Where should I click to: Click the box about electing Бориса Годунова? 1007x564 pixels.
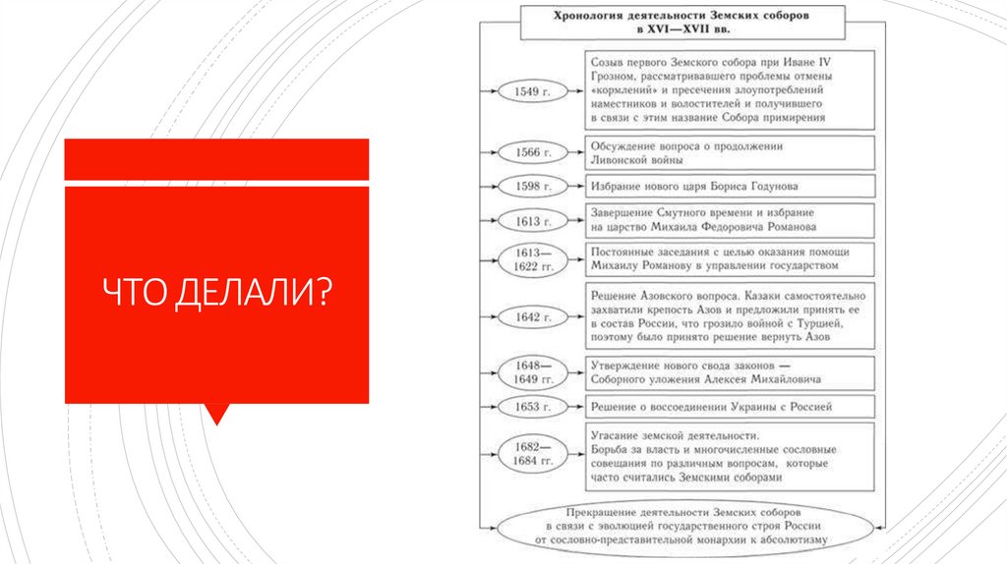730,186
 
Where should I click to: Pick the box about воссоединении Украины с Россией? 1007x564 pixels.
730,406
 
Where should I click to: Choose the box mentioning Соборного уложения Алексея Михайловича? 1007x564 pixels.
730,371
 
